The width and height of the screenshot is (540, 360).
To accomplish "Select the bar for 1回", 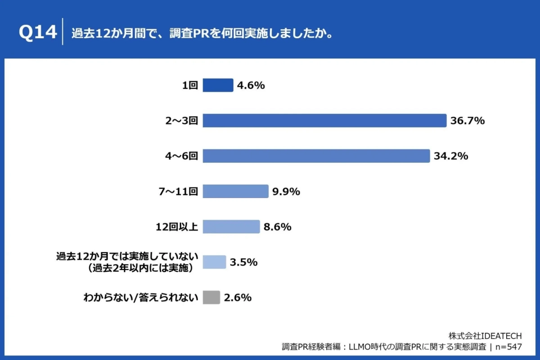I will (218, 85).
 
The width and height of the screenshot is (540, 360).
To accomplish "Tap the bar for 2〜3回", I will (324, 121).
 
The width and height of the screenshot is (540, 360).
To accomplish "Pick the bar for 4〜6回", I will (316, 156).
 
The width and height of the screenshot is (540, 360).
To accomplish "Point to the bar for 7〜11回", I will (235, 191).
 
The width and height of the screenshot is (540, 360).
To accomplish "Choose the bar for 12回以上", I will (231, 227).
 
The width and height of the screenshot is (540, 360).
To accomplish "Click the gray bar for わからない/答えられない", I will (211, 297).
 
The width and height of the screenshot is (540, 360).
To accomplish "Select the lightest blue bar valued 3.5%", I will (214, 262).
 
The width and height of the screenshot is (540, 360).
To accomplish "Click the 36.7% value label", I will (467, 121).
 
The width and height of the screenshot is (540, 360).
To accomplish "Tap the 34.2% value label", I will (451, 156).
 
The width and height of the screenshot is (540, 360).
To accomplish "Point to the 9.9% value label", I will (286, 191).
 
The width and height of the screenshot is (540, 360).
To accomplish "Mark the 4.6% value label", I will (251, 85).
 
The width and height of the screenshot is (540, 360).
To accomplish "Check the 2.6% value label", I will (238, 297).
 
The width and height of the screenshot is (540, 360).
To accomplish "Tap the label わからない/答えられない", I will (141, 297).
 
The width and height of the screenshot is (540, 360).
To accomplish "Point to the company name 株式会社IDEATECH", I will (485, 336).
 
